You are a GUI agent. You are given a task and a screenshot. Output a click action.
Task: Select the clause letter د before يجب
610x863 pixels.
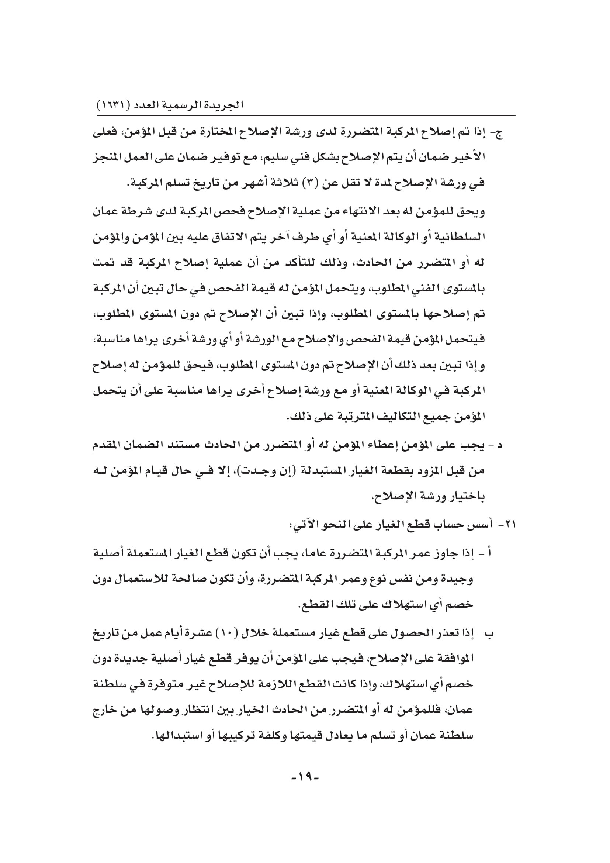500,445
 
